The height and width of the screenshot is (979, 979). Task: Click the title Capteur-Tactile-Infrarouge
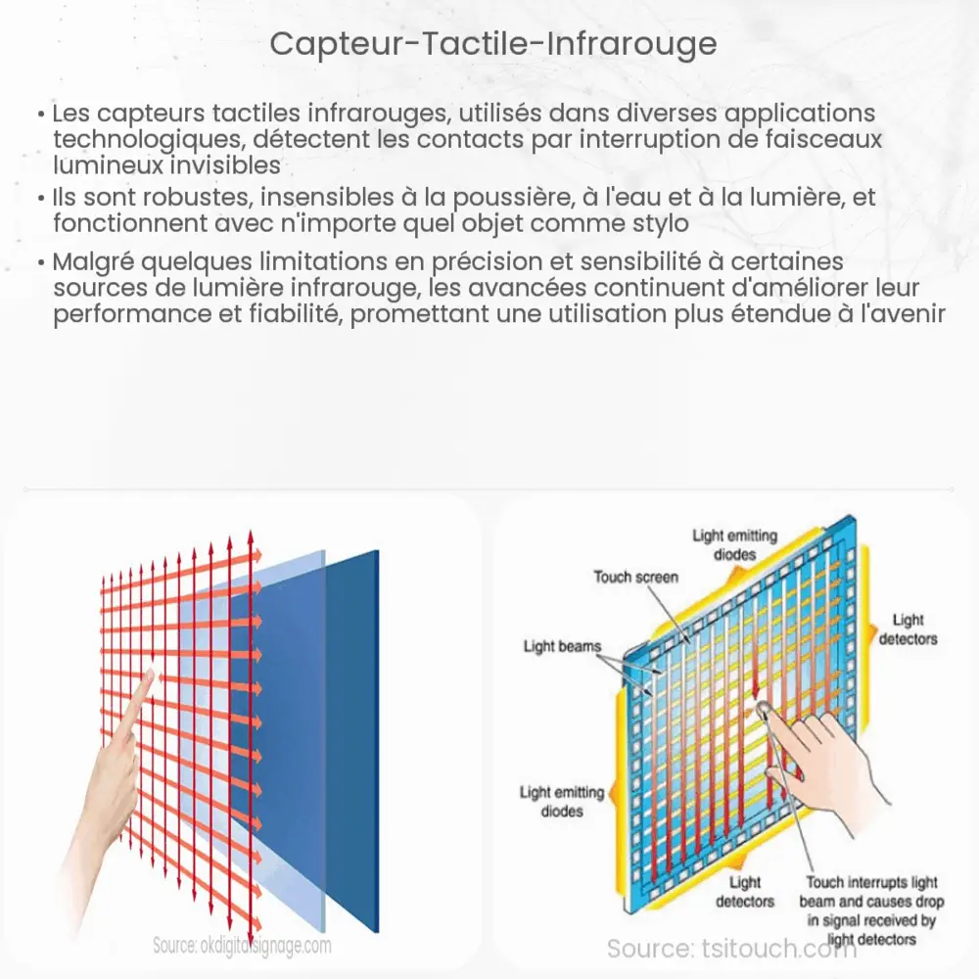tap(492, 44)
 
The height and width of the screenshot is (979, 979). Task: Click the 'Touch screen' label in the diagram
tap(635, 577)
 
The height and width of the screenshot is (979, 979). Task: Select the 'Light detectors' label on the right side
tap(908, 629)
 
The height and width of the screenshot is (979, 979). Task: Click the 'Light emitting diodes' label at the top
tap(734, 543)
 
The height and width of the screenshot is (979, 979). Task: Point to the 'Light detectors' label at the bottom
tap(744, 892)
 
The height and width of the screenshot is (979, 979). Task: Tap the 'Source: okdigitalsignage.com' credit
tap(242, 946)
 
